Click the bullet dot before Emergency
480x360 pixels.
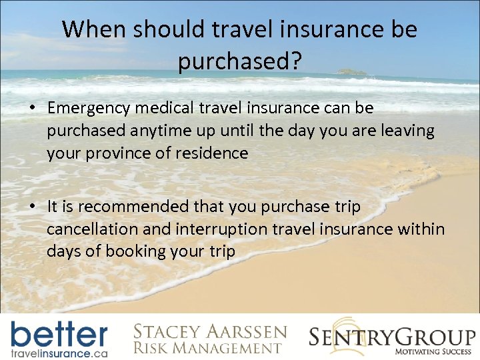coord(33,109)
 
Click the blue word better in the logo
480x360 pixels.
coord(59,333)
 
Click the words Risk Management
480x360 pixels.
coord(207,348)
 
